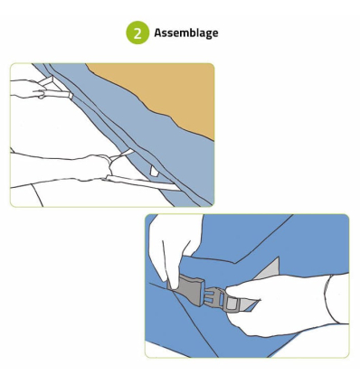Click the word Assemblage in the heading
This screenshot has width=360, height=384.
point(186,33)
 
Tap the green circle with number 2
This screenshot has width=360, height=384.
point(137,33)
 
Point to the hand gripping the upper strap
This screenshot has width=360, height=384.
point(29,89)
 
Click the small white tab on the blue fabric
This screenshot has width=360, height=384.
point(154,172)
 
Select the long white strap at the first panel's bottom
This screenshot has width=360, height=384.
point(143,183)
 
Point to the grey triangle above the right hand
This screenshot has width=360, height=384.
point(269,269)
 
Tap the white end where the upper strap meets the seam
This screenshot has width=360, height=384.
point(71,95)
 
